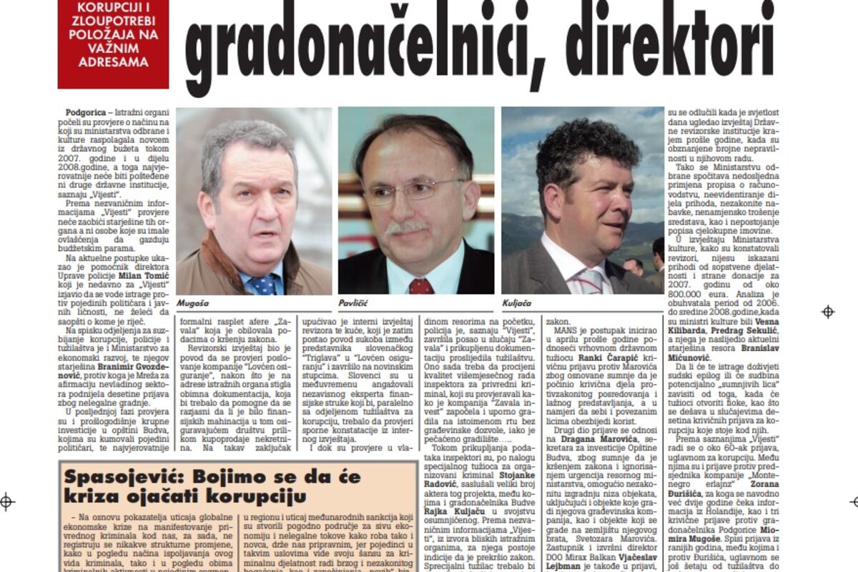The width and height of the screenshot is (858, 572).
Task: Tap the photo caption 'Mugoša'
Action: pos(195,303)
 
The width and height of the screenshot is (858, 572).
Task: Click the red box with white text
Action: pos(113,43)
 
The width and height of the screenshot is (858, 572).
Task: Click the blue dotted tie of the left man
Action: pos(263,284)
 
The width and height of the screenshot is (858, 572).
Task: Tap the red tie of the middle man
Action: pos(420,286)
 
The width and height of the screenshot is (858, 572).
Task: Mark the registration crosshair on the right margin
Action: pos(828,312)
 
